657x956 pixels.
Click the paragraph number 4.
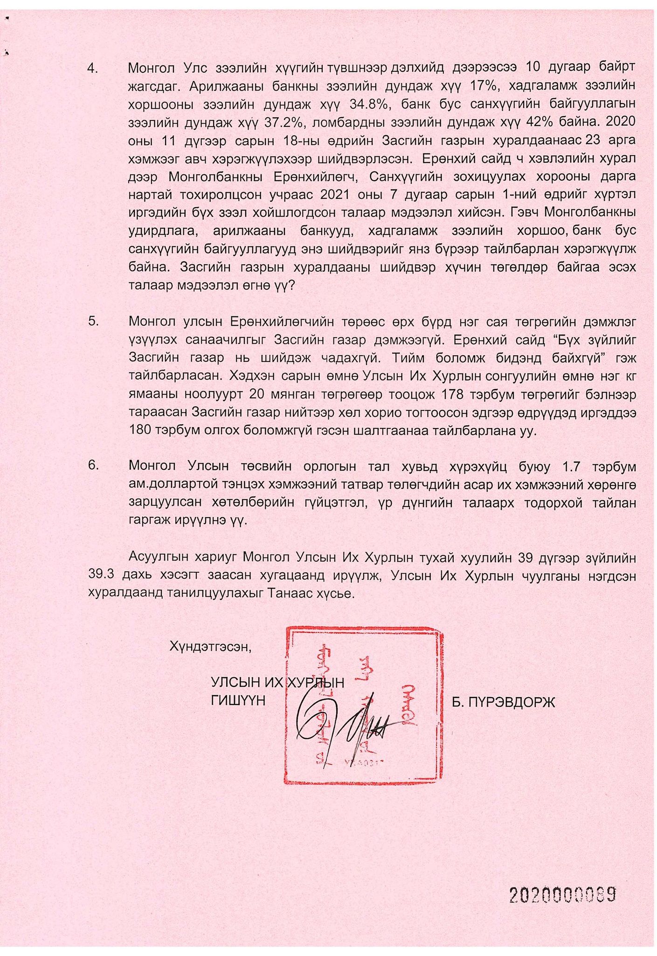click(x=93, y=68)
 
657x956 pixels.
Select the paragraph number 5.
click(x=93, y=322)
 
